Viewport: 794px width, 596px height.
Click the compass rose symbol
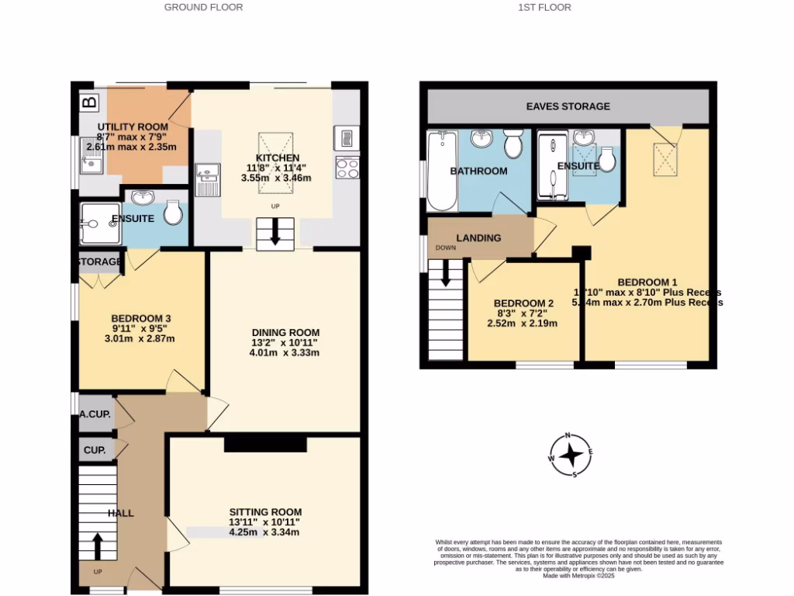coord(571,455)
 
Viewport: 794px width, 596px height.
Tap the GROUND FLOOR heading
coord(203,7)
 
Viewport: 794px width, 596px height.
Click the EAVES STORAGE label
coord(568,106)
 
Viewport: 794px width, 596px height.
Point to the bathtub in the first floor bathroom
coord(442,171)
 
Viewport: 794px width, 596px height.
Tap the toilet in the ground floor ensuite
coord(174,212)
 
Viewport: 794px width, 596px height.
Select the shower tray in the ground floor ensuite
coord(99,224)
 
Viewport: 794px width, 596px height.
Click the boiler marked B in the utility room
coord(89,102)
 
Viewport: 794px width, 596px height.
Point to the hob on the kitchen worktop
coord(346,168)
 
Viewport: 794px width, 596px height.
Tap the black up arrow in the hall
coord(98,545)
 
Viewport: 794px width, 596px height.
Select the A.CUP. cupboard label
coord(95,415)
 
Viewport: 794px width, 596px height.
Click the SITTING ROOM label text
coord(264,512)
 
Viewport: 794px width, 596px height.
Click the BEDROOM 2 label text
coord(523,303)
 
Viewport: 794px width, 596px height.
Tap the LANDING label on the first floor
coord(478,237)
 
